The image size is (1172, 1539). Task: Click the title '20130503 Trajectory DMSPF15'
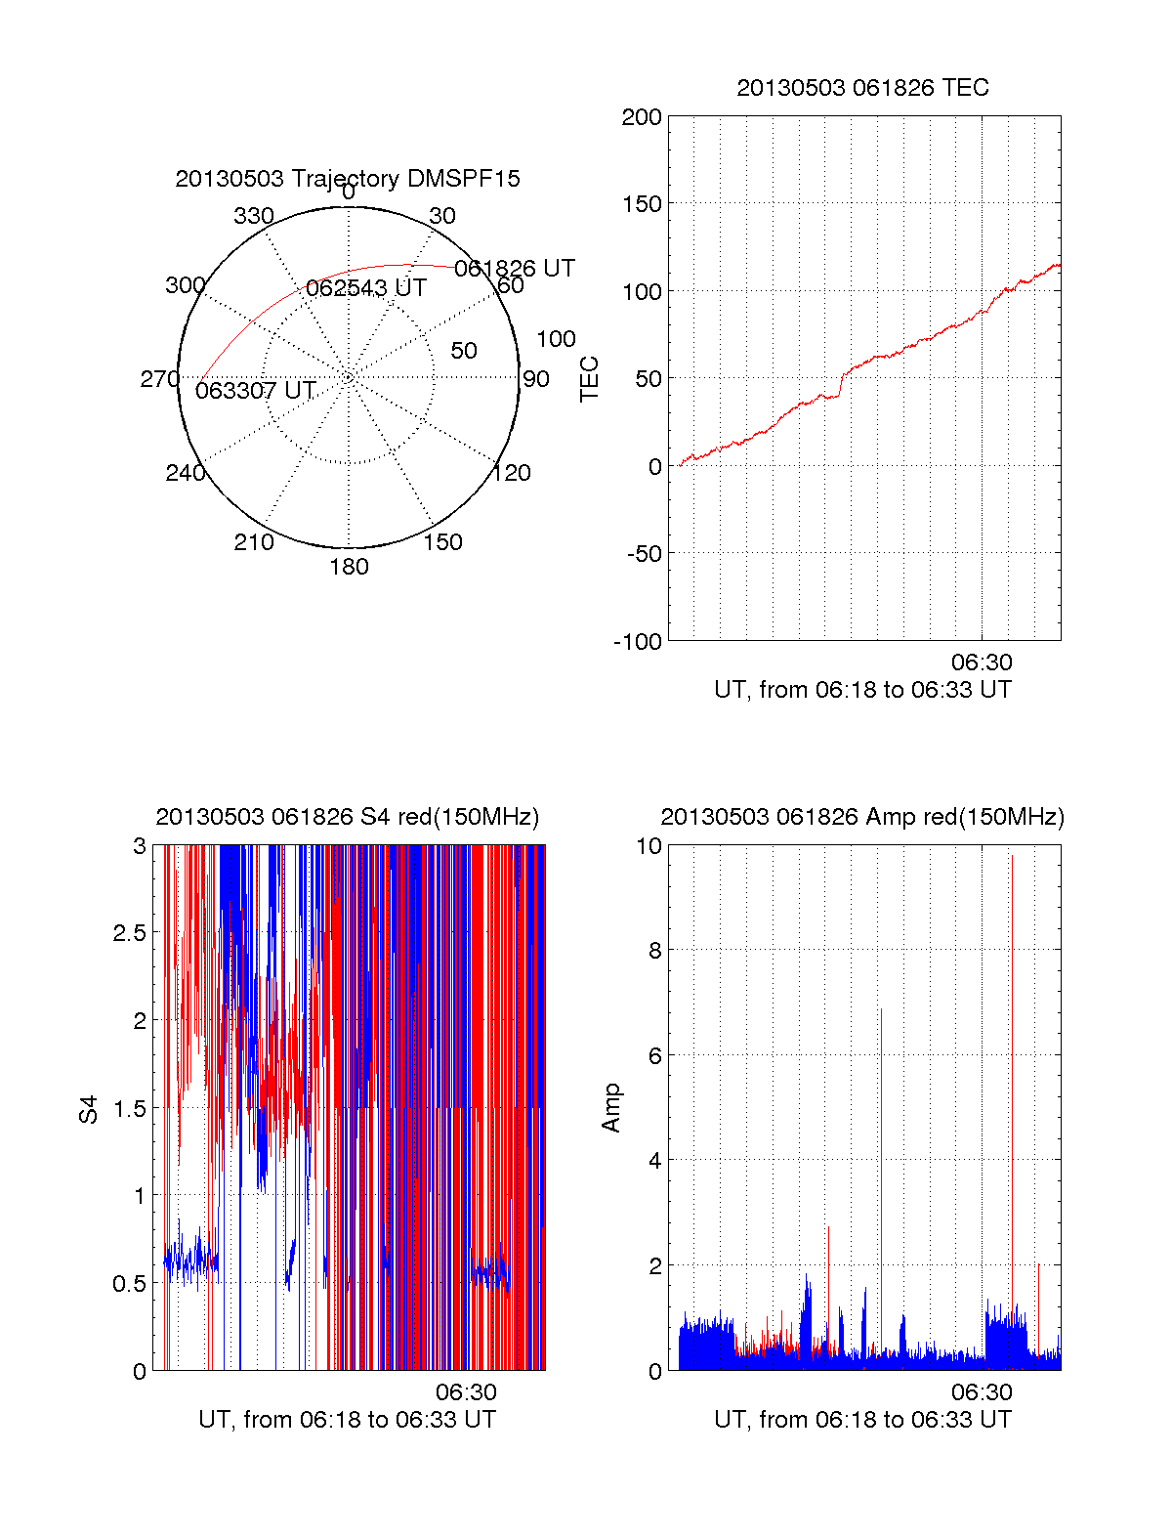pyautogui.click(x=348, y=179)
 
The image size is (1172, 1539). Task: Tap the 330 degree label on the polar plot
pyautogui.click(x=254, y=216)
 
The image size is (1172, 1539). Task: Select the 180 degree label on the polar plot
pyautogui.click(x=349, y=567)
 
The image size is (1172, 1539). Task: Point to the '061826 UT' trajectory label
pyautogui.click(x=515, y=269)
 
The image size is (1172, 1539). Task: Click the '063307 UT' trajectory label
pyautogui.click(x=256, y=391)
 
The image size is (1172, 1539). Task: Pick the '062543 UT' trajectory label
pyautogui.click(x=366, y=288)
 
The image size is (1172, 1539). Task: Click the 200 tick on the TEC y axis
pyautogui.click(x=642, y=117)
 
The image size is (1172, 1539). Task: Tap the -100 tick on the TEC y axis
pyautogui.click(x=638, y=642)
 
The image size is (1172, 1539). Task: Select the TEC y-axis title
pyautogui.click(x=590, y=379)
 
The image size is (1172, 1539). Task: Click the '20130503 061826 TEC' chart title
pyautogui.click(x=862, y=88)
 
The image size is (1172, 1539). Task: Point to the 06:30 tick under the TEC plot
pyautogui.click(x=982, y=663)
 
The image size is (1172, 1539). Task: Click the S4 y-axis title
pyautogui.click(x=89, y=1109)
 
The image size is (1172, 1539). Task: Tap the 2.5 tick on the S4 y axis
pyautogui.click(x=129, y=933)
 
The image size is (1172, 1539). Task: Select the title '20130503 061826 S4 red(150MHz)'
pyautogui.click(x=347, y=817)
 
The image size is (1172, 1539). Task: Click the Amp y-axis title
pyautogui.click(x=611, y=1108)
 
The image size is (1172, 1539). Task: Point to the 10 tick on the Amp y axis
pyautogui.click(x=649, y=846)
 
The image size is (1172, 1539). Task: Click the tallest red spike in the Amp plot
pyautogui.click(x=1012, y=860)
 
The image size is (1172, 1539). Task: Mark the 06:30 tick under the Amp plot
pyautogui.click(x=982, y=1392)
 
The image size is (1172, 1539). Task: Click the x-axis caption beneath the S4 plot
pyautogui.click(x=347, y=1420)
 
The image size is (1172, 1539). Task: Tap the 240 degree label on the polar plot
pyautogui.click(x=185, y=474)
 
